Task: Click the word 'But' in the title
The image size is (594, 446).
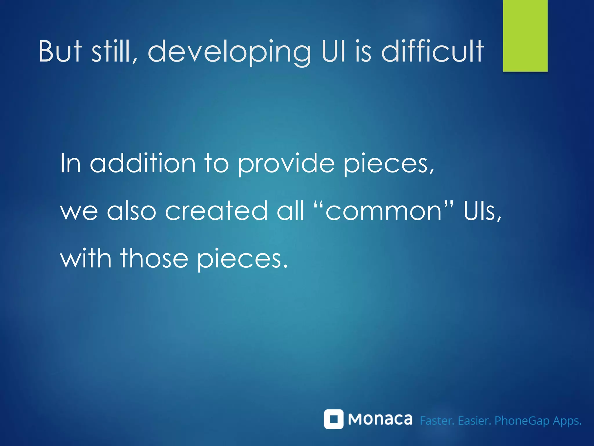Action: click(x=60, y=52)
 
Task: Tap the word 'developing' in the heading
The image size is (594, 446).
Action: click(x=229, y=52)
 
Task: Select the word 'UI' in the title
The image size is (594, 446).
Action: click(x=334, y=51)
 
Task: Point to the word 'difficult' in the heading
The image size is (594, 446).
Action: click(x=432, y=51)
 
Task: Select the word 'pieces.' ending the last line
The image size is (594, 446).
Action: click(x=242, y=259)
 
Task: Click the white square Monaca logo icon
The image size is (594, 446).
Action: click(x=334, y=419)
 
